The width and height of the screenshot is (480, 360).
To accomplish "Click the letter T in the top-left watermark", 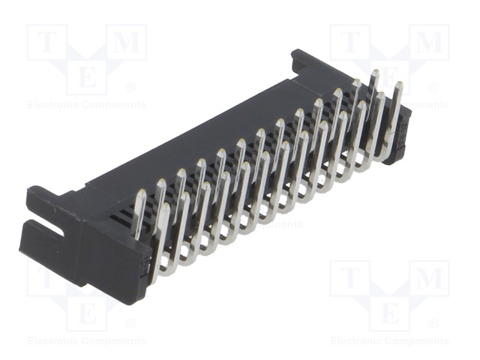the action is point(46,42).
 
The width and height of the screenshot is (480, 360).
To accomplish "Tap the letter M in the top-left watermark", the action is point(127,42).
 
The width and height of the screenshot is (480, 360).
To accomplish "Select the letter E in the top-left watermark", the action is point(87,76).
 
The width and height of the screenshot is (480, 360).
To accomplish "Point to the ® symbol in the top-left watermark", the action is point(130,88).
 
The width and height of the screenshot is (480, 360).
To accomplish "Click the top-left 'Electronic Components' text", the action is point(87,105).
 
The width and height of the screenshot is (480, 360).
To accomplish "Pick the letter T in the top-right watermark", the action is point(350,42).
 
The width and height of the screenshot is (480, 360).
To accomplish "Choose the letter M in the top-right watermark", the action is point(430,42).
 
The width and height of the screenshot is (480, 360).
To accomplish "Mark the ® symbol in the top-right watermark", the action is point(433,88).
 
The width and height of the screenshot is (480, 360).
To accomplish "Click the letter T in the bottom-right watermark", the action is point(350,278).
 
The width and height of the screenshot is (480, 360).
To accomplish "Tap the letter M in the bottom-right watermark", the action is point(430,278).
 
